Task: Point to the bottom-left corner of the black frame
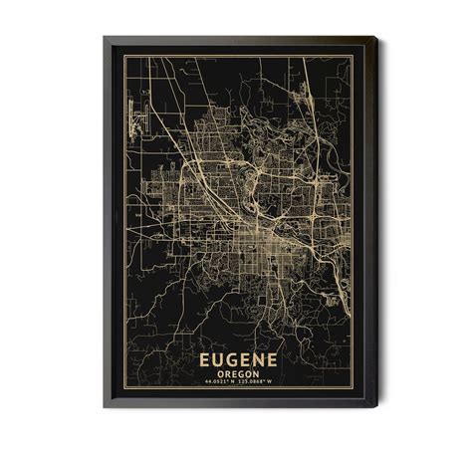tap(104, 407)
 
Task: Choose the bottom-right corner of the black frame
tap(376, 407)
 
